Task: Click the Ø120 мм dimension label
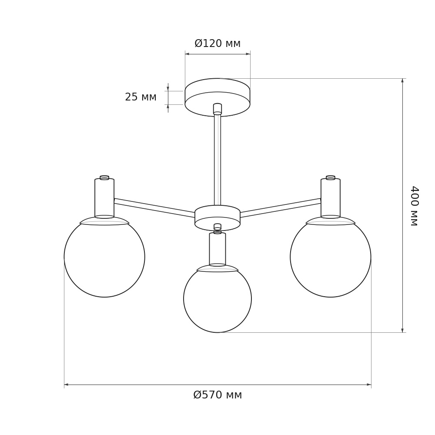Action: tap(217, 43)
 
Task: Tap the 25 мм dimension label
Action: tap(141, 97)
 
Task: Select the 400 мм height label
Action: tap(414, 206)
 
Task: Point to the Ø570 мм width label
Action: tap(217, 395)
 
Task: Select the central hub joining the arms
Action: tap(217, 218)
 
